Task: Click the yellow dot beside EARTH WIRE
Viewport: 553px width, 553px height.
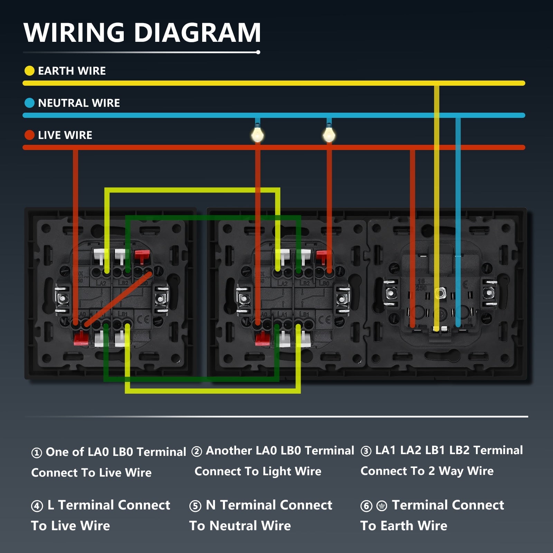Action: (29, 71)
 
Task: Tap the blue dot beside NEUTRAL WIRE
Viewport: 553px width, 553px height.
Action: (29, 103)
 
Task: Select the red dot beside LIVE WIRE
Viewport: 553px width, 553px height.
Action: (29, 135)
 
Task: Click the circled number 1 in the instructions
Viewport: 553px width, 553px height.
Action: (36, 452)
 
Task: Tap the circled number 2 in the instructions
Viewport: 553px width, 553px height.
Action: (197, 451)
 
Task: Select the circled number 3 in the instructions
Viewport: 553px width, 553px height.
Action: (366, 451)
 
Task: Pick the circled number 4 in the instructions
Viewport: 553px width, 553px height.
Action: (37, 506)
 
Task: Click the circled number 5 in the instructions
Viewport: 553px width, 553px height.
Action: (195, 506)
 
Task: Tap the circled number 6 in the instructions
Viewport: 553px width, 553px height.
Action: (366, 506)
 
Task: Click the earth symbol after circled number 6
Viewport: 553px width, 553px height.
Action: (382, 506)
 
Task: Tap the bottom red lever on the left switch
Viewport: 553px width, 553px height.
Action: (81, 338)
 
